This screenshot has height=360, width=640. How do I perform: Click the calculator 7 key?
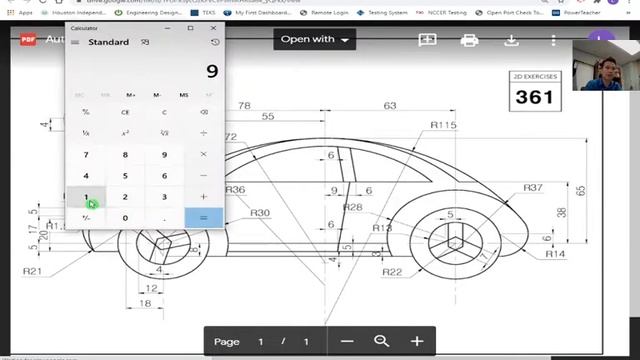[x=86, y=154]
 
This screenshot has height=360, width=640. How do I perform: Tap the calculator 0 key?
[x=125, y=217]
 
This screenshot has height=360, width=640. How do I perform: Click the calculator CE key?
[x=125, y=112]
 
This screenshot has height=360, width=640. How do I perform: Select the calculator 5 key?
[x=125, y=175]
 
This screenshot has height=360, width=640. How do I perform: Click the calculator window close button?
[x=213, y=28]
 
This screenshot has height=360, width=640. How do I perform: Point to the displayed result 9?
[x=211, y=71]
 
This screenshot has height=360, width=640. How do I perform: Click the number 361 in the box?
[x=534, y=96]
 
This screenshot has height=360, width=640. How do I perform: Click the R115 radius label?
[x=443, y=125]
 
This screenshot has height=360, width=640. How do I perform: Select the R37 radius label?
[x=533, y=188]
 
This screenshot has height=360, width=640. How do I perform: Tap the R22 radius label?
[x=392, y=272]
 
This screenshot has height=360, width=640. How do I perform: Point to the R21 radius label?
[x=32, y=271]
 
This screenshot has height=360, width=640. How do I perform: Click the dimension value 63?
[x=390, y=105]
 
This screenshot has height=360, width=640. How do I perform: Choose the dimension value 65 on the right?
[x=581, y=189]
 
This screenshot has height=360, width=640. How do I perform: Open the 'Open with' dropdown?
[x=317, y=40]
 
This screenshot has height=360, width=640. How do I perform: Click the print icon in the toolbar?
[x=469, y=40]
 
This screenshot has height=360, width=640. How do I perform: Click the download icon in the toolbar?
[x=511, y=40]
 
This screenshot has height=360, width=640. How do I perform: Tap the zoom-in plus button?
[x=417, y=342]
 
